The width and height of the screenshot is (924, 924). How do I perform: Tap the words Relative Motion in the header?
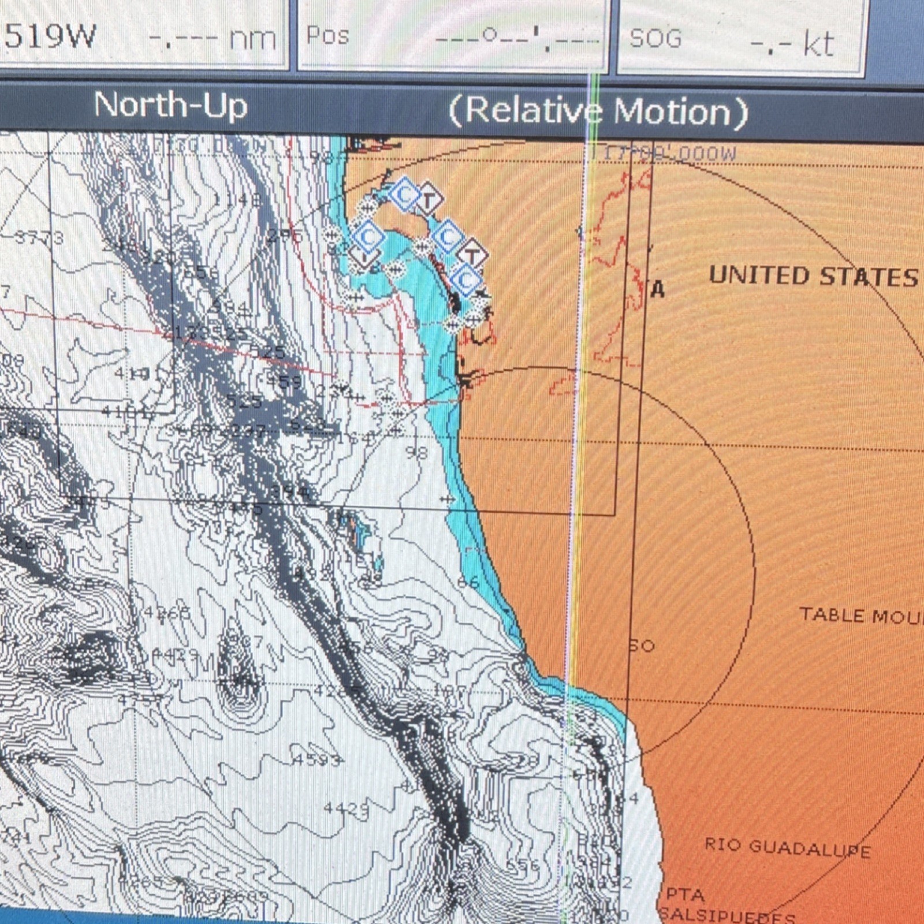[598, 111]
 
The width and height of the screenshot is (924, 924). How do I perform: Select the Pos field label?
[327, 36]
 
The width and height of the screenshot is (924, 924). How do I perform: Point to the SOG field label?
[655, 39]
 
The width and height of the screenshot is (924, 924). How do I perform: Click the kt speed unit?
[818, 44]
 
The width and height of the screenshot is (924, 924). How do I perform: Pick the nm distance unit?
[252, 39]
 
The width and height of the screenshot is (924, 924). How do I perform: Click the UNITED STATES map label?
[813, 276]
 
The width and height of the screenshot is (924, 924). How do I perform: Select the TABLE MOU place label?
[860, 616]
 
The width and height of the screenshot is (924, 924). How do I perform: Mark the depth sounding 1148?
[237, 200]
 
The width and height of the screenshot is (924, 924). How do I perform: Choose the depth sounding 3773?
[39, 237]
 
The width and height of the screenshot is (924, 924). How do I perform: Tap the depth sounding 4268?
[166, 613]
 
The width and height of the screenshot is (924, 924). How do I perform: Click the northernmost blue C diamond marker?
[405, 194]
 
